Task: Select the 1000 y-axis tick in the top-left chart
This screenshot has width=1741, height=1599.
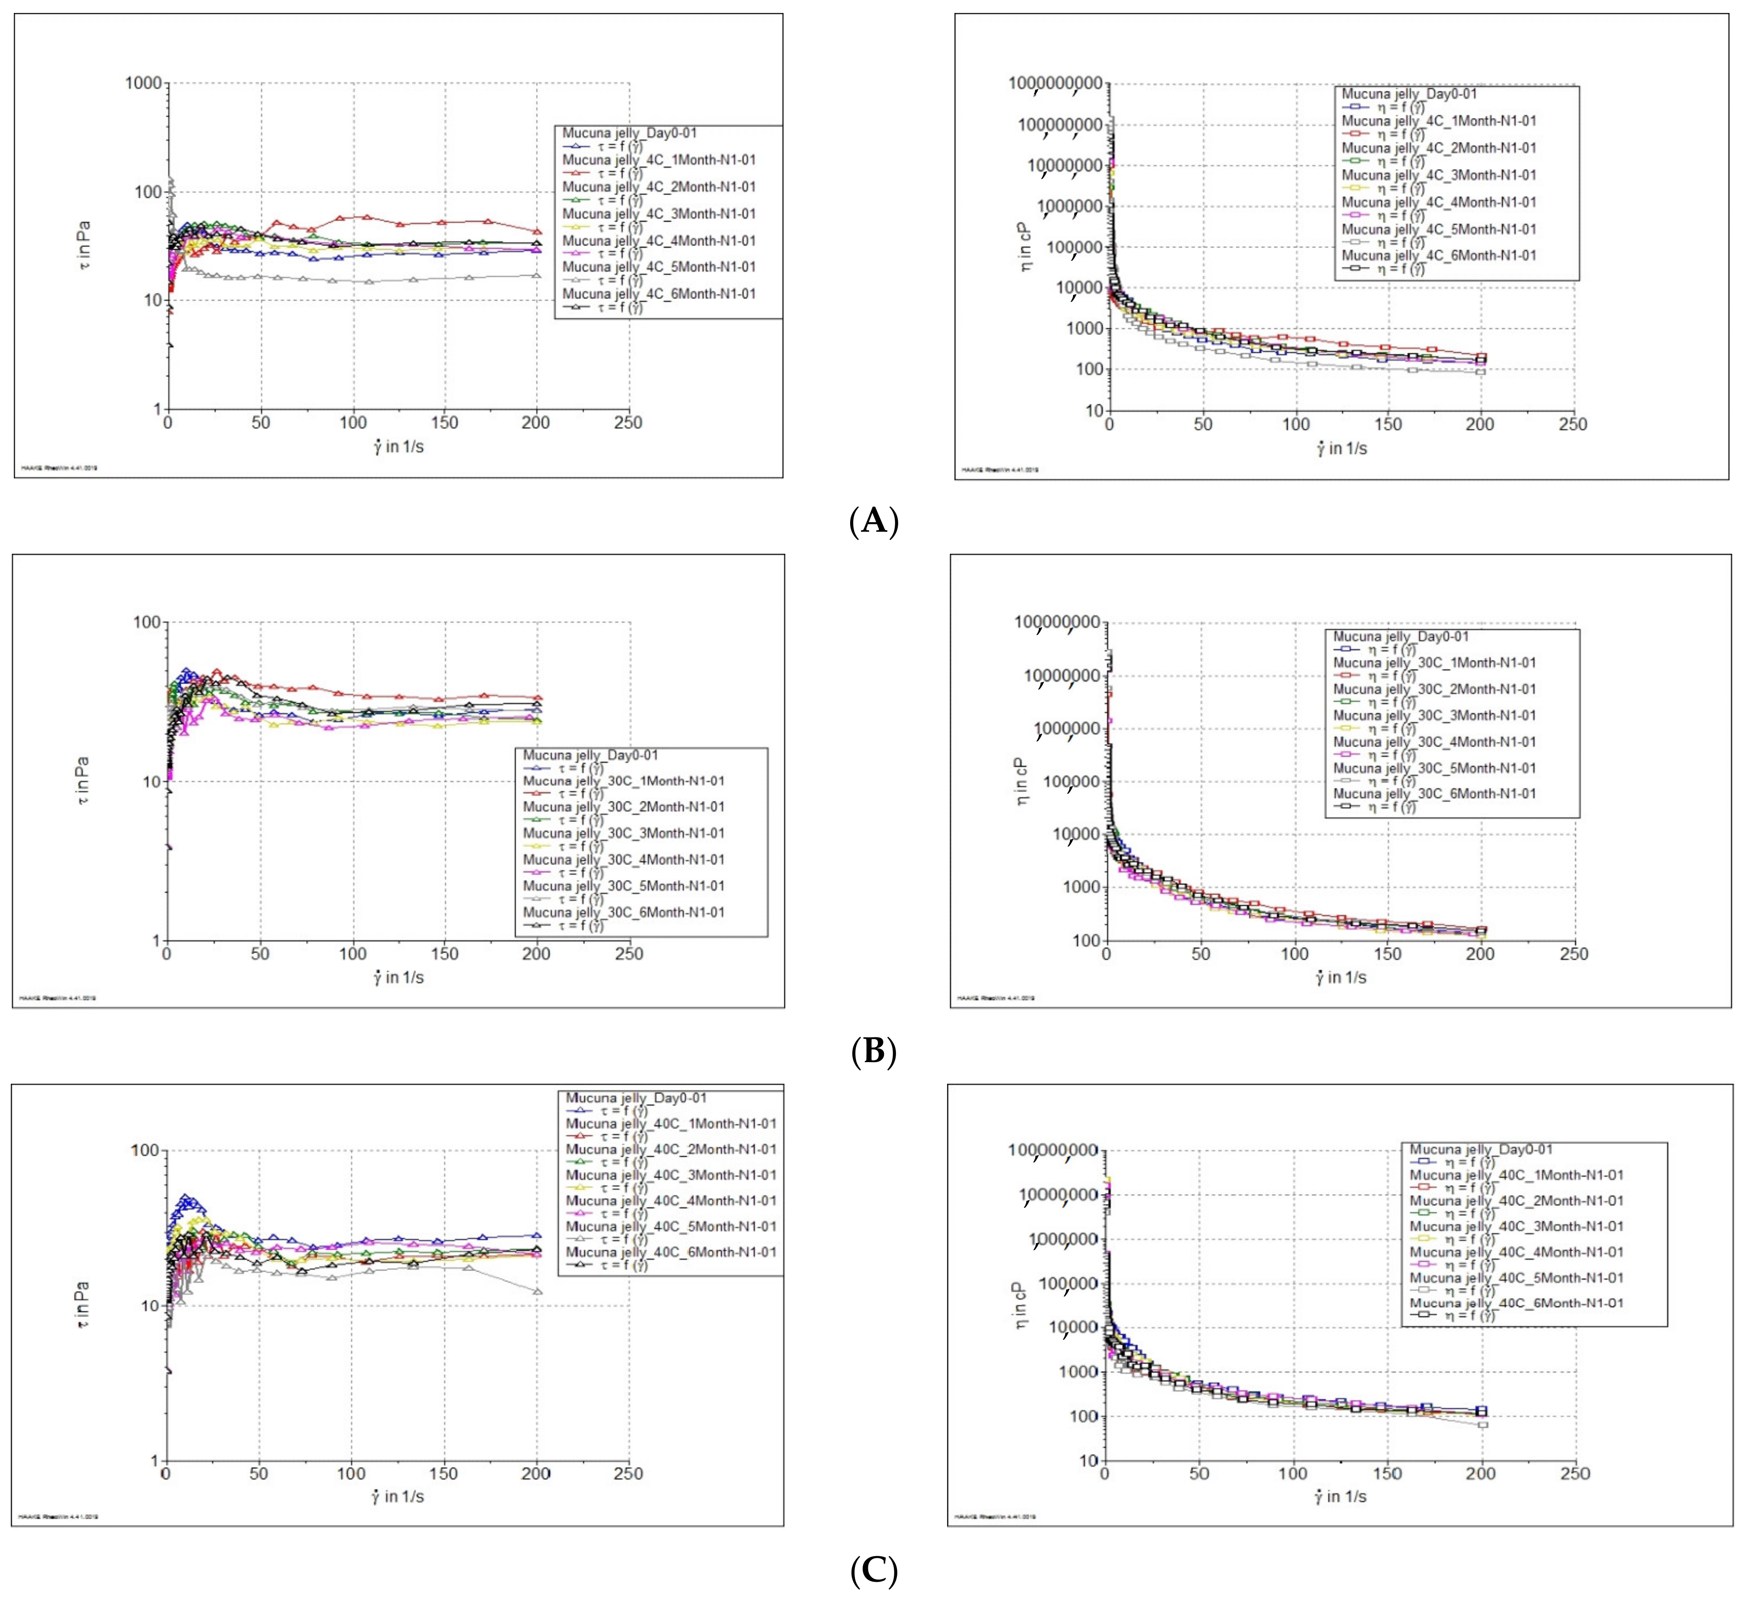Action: tap(144, 83)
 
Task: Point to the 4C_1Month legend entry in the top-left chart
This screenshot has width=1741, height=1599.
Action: tap(658, 160)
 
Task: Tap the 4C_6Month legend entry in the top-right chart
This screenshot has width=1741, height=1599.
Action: tap(1439, 256)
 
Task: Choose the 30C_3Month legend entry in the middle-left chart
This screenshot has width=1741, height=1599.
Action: tap(623, 833)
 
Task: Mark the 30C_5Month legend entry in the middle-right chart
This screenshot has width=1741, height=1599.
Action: tap(1435, 768)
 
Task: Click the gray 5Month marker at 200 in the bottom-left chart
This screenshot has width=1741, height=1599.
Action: tap(537, 1292)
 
